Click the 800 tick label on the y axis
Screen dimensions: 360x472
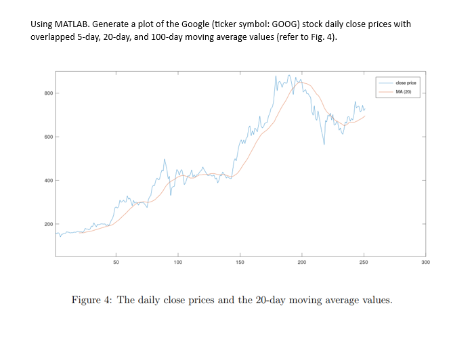[47, 93]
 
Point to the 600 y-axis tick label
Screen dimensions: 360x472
[47, 137]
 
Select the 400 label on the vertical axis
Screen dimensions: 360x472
[47, 181]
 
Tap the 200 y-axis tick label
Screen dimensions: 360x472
[47, 224]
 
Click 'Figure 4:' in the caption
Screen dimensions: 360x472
[92, 300]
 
